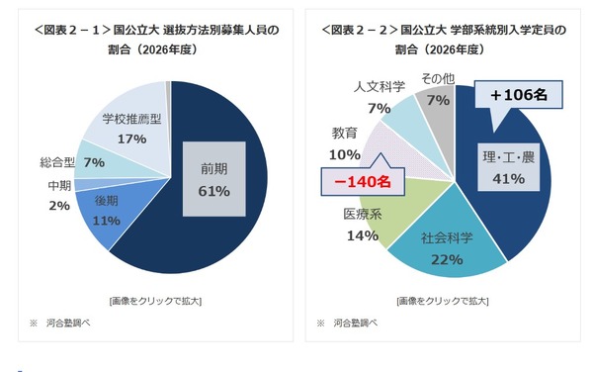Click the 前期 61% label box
pos(214,178)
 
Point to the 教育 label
pos(346,134)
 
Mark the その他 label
pos(436,78)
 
